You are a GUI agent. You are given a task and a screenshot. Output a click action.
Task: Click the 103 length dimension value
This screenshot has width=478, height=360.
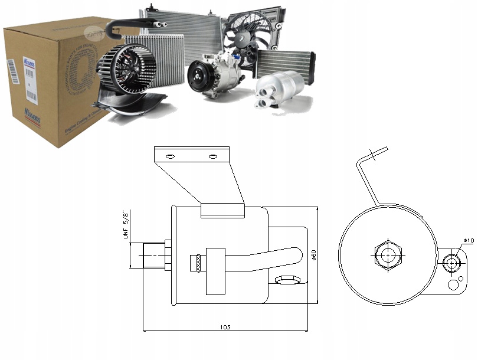point(225,327)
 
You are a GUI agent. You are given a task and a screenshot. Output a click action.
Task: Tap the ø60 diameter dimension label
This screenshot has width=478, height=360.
point(314,256)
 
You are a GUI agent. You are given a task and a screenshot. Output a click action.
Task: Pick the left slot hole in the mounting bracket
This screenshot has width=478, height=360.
point(170,156)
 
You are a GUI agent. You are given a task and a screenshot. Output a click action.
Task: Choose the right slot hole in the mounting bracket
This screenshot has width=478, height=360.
point(213,156)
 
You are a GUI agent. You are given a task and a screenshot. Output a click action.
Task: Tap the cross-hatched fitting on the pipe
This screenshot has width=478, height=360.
point(195,263)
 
